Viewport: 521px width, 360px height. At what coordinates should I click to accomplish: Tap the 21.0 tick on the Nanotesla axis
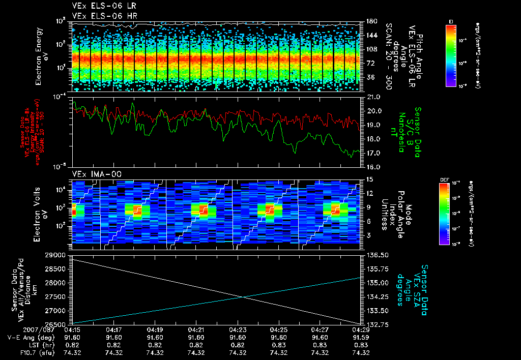click(x=373, y=97)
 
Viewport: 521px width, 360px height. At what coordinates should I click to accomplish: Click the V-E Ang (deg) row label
click(x=30, y=337)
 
